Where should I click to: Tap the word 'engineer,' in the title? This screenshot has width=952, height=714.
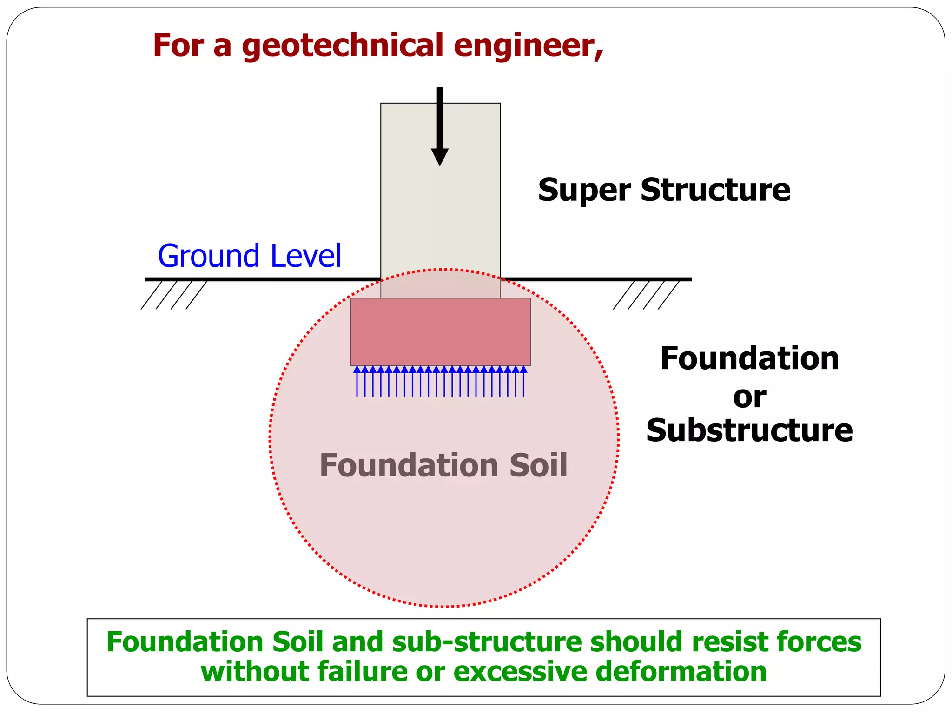pos(529,46)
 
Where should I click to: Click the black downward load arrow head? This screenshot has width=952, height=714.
pos(440,157)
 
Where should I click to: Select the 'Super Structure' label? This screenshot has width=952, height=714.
pos(664,190)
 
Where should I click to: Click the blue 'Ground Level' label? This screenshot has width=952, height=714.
pos(250,256)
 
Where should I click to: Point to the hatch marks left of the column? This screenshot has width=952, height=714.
pos(174,295)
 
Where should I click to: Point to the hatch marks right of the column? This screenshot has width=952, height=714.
pos(646,295)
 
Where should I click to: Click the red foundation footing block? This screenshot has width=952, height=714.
pos(440,332)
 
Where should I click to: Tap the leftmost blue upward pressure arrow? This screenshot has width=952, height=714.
pos(357,381)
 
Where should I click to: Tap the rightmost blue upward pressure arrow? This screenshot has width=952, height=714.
pos(524,381)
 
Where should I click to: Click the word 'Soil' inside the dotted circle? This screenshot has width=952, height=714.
pos(538,465)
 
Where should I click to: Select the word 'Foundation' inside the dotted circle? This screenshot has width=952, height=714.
pos(410,465)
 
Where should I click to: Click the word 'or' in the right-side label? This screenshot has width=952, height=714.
pos(749,397)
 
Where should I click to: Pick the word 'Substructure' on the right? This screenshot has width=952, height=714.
pos(749,430)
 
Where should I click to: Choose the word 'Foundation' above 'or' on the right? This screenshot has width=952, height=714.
pos(749,359)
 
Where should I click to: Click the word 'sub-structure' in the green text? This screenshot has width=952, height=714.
pos(487,642)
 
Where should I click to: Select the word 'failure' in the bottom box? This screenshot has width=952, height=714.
pos(363,672)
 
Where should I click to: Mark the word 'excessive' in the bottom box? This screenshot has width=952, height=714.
pos(520,672)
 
